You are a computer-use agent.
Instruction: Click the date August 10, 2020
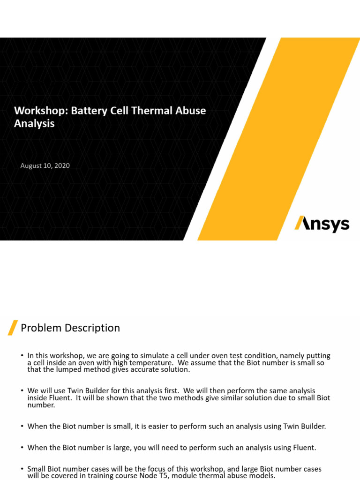point(45,165)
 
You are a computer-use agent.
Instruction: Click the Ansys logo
point(322,224)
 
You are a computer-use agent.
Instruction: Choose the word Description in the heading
point(90,328)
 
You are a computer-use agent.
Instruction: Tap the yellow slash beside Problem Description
point(13,328)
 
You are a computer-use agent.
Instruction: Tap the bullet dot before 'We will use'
point(22,390)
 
